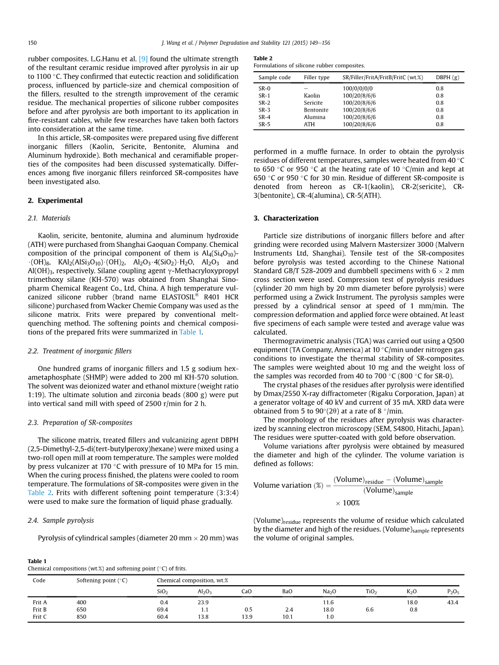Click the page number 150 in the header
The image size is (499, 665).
(x=32, y=43)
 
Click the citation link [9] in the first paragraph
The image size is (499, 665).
(x=144, y=59)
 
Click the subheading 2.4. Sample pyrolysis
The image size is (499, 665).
(x=60, y=520)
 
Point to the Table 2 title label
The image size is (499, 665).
(x=263, y=58)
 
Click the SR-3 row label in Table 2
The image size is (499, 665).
(x=264, y=110)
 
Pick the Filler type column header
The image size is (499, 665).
(x=317, y=78)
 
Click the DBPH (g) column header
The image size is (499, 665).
(x=447, y=78)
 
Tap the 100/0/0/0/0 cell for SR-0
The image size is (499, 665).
(x=357, y=88)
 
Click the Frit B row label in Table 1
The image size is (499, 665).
(x=40, y=609)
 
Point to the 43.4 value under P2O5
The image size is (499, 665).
(x=453, y=602)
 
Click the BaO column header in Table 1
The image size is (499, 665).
(x=287, y=591)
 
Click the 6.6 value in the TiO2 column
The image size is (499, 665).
(x=370, y=609)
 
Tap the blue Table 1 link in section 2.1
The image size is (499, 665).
(x=190, y=332)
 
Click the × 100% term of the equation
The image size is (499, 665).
(x=347, y=503)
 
